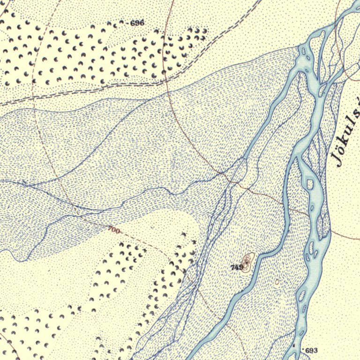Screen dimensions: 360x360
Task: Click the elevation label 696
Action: click(137, 23)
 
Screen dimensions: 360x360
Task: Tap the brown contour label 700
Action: click(113, 230)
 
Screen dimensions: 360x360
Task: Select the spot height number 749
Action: click(237, 267)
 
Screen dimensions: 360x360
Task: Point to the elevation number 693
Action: click(311, 351)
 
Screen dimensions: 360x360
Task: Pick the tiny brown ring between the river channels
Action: click(277, 282)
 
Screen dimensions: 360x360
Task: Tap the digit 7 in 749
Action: click(233, 267)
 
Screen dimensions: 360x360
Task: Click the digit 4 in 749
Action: click(237, 267)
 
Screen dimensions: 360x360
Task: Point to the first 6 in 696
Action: click(133, 23)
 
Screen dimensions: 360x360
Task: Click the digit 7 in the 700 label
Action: click(110, 229)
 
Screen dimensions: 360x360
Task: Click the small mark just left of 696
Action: click(127, 22)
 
